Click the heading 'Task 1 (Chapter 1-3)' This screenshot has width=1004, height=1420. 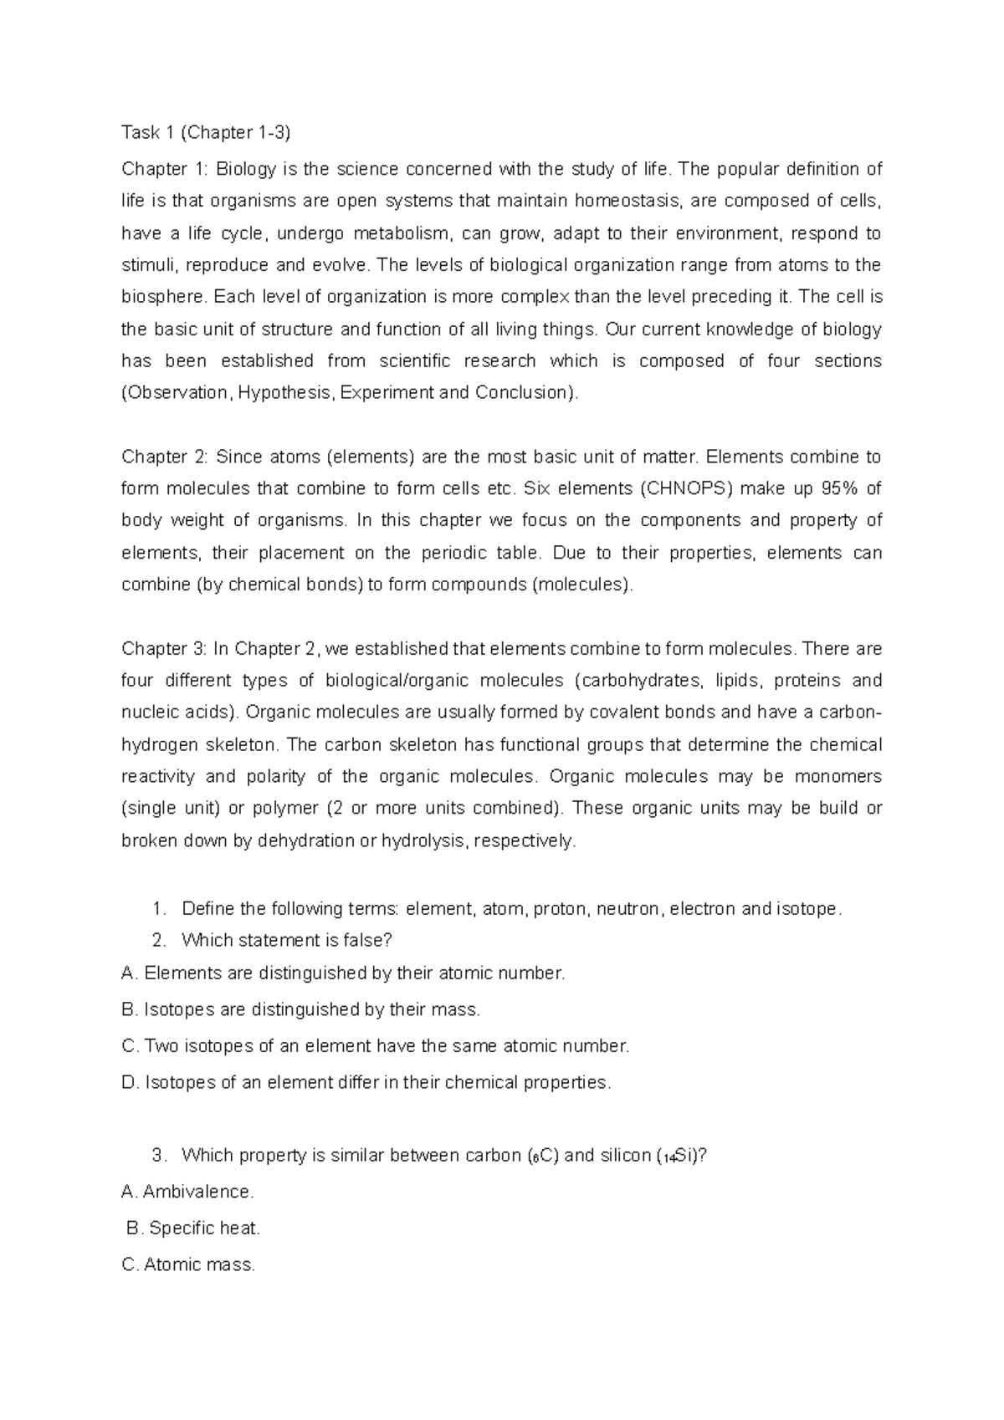point(207,132)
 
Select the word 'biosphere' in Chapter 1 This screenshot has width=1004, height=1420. point(161,297)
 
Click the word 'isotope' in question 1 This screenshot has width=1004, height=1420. point(808,909)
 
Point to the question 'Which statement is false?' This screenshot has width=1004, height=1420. point(286,941)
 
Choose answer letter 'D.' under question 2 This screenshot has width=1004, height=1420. point(130,1083)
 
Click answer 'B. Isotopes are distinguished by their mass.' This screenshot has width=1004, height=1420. point(301,1010)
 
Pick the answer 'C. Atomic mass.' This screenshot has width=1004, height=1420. point(188,1265)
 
